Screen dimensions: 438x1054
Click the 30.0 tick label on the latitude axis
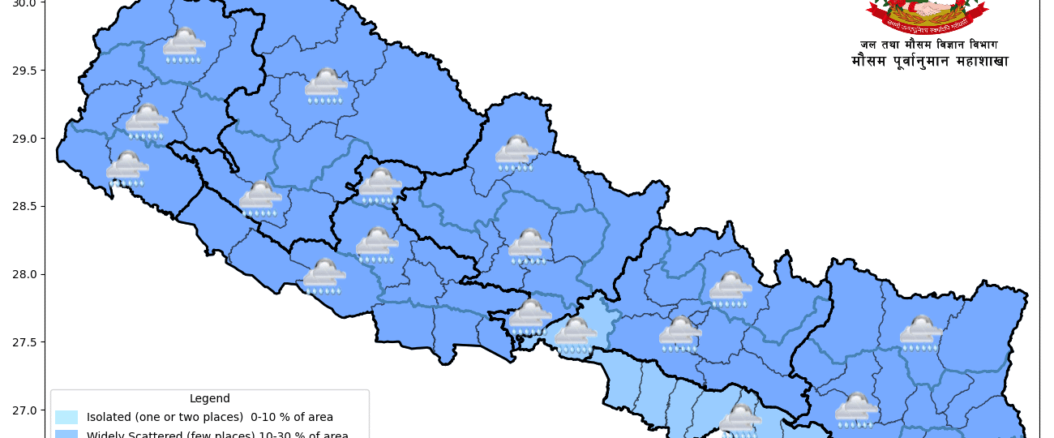click(24, 3)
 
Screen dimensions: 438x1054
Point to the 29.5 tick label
click(24, 71)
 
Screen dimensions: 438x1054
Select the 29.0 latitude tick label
click(24, 139)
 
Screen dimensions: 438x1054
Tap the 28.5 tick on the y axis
click(24, 207)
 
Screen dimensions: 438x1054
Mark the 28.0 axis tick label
click(24, 274)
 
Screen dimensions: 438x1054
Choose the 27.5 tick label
click(24, 342)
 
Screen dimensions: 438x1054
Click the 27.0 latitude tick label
click(24, 410)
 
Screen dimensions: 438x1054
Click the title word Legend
click(209, 399)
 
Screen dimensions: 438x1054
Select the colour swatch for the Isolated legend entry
click(66, 418)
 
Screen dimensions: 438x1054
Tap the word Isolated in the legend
click(109, 418)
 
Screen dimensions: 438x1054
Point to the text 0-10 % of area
click(292, 418)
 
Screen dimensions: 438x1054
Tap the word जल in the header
click(868, 45)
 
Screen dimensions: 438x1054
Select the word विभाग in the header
click(983, 45)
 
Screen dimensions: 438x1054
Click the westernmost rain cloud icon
click(127, 169)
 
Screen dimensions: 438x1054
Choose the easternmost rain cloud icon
click(921, 333)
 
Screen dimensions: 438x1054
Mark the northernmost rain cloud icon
click(183, 45)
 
